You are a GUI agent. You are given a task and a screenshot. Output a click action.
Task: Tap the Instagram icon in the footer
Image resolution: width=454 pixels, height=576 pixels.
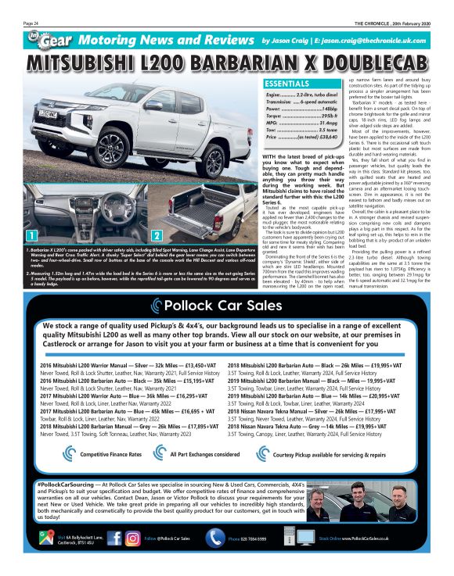point(133,538)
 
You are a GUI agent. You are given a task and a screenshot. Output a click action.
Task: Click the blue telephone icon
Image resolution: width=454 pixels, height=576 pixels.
point(216,538)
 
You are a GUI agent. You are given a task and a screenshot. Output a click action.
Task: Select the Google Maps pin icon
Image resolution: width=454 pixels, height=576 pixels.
point(51,538)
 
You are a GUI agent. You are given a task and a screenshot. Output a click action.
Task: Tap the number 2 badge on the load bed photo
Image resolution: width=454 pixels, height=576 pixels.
point(157,234)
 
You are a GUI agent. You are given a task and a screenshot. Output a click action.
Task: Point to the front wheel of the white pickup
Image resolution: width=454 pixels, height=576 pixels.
point(99,145)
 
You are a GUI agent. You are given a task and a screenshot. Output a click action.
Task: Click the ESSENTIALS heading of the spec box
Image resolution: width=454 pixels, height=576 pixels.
point(290,83)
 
